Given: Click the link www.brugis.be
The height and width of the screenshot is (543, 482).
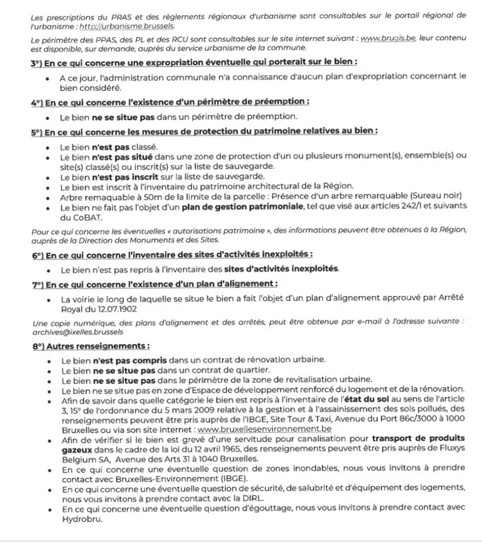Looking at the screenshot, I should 388,38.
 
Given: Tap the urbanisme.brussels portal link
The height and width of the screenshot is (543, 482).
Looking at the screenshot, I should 127,26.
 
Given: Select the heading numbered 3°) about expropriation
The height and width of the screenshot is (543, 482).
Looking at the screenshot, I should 194,62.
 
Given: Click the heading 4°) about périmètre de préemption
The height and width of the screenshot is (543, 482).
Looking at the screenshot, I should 170,102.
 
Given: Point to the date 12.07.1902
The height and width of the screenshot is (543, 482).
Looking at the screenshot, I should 118,309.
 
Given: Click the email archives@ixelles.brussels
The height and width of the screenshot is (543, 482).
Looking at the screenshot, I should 78,332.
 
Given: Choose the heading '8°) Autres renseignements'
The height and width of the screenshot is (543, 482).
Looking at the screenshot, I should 91,346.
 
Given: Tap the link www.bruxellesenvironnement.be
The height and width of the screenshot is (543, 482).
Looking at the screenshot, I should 264,429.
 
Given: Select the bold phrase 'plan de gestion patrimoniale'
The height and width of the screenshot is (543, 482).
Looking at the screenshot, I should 243,207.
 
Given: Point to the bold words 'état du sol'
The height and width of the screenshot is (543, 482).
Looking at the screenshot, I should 365,399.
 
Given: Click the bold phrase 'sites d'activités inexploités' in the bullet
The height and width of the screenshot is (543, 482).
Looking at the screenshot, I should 281,269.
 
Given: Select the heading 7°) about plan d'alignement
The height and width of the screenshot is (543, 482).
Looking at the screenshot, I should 155,284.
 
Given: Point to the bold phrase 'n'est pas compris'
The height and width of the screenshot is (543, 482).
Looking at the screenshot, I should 130,360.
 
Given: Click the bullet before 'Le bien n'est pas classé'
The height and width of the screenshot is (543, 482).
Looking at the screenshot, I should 48,148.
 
